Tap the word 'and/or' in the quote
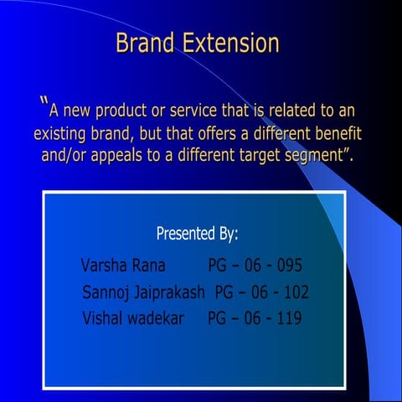click(x=66, y=155)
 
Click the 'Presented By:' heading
click(x=198, y=234)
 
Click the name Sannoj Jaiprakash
click(x=144, y=292)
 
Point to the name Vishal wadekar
click(x=133, y=318)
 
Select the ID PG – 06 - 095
click(x=255, y=266)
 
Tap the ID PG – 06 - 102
click(x=262, y=292)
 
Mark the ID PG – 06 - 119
click(x=255, y=318)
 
